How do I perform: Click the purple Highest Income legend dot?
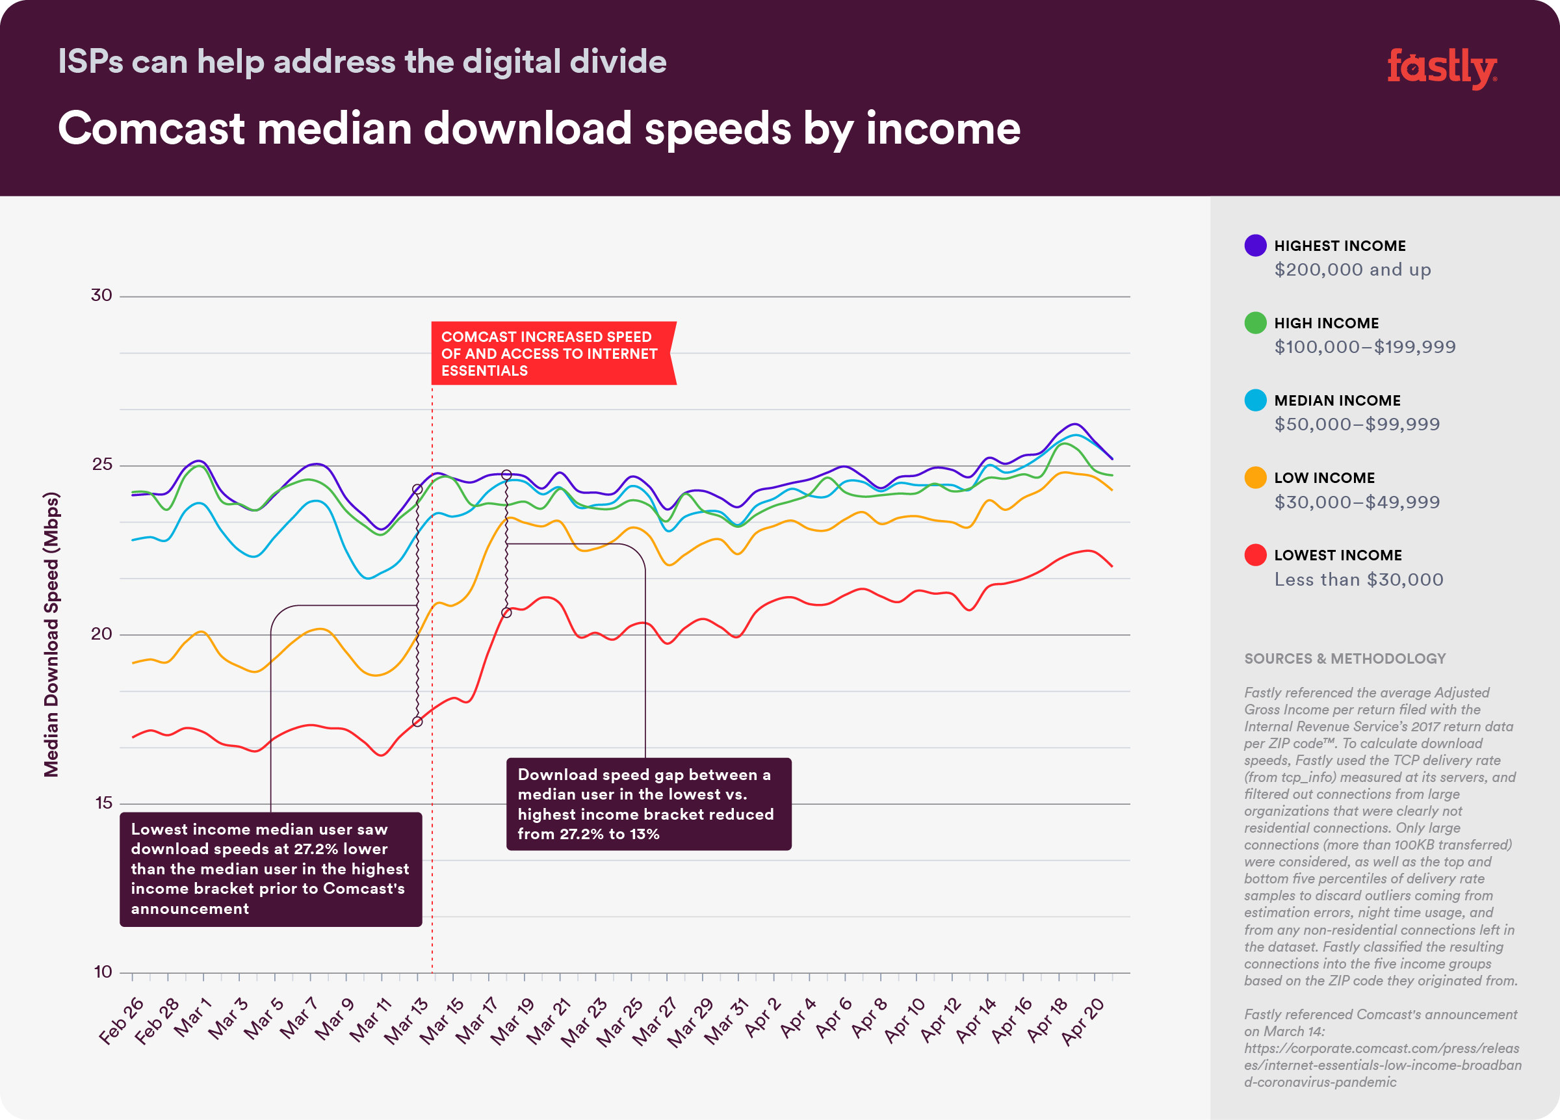1255,246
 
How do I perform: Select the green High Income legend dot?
1255,322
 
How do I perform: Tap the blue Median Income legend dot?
1255,400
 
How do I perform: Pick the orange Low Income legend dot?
1255,477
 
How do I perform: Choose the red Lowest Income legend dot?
1255,555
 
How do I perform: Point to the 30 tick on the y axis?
101,295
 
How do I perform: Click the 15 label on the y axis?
103,803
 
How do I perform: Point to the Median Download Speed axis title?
51,634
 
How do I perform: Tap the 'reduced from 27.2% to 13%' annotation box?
648,804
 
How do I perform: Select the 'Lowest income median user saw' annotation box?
270,869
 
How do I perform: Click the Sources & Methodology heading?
1345,658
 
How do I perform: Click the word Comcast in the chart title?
151,129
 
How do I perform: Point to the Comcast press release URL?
1382,1065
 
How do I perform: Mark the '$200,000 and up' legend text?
1352,270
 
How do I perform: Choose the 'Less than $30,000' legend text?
1358,579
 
